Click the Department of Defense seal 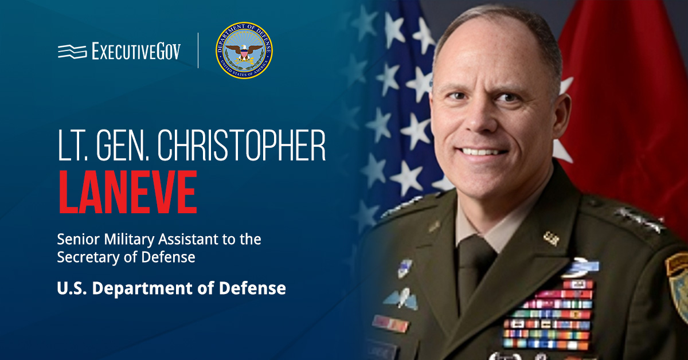point(244,50)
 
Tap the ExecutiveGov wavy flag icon point(72,51)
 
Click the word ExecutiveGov point(136,51)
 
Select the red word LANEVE point(128,192)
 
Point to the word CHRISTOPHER point(241,145)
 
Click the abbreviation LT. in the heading point(73,145)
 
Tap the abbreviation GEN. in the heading point(123,145)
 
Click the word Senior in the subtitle point(79,239)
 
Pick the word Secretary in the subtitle point(88,257)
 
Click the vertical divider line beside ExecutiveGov point(198,50)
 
